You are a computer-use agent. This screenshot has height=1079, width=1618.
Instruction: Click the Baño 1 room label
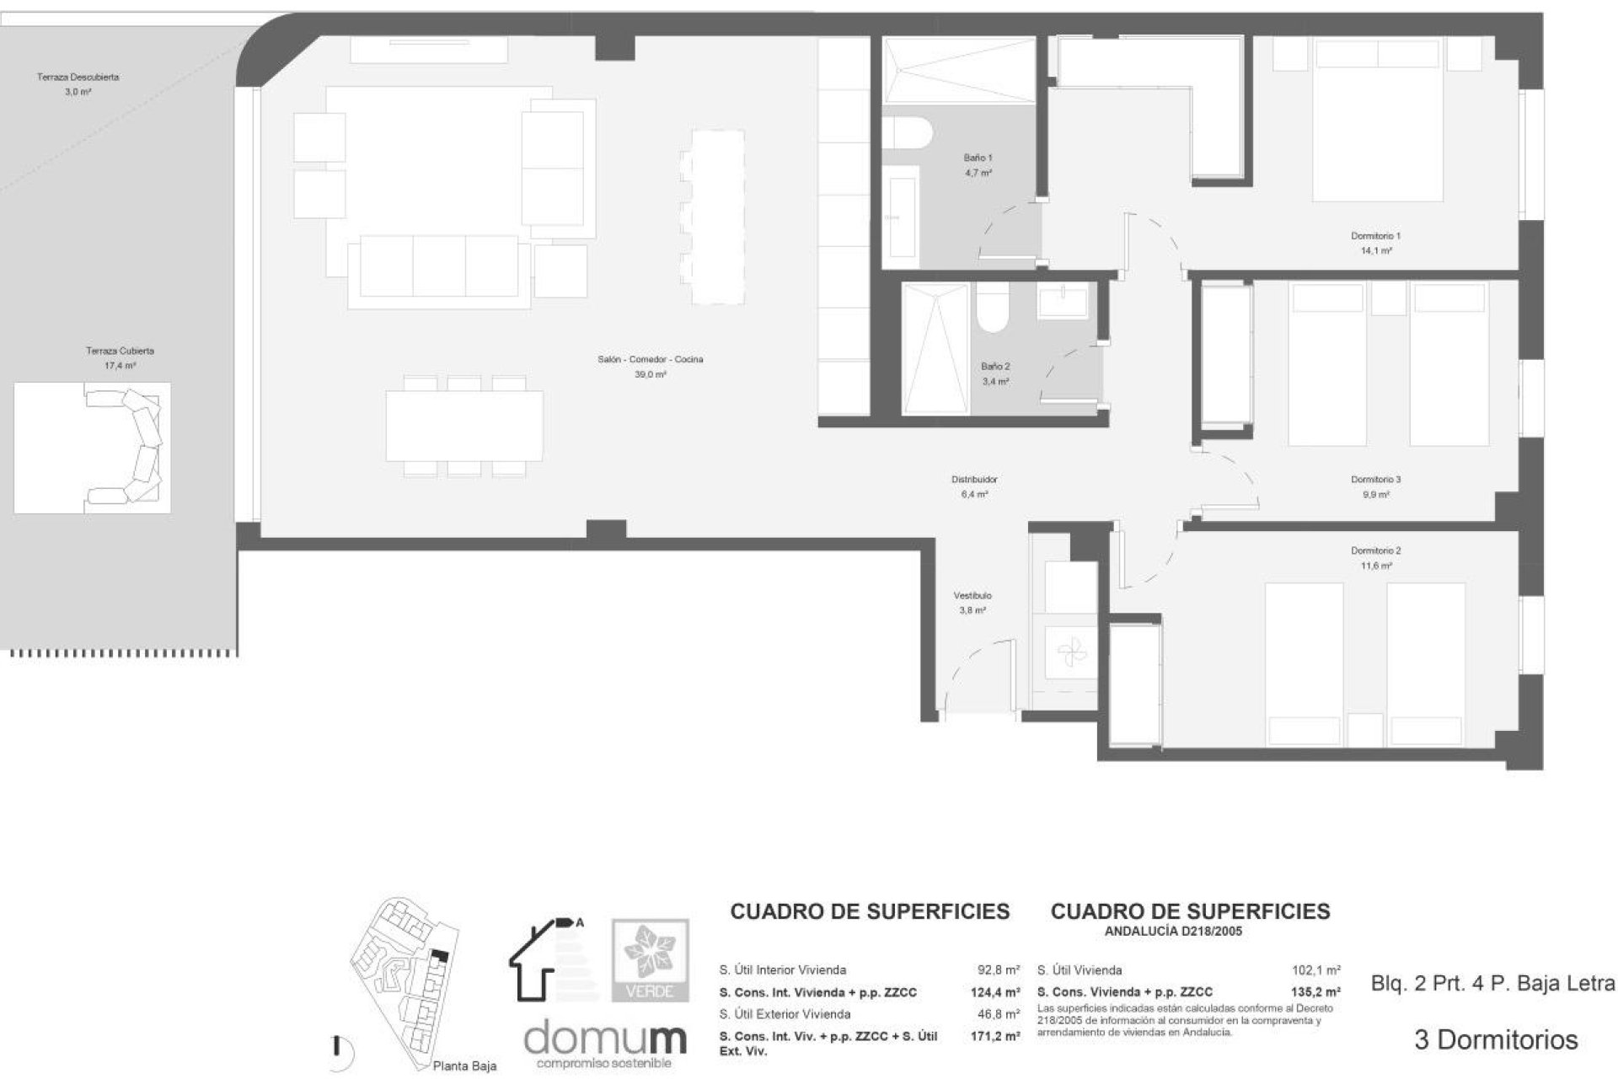point(978,158)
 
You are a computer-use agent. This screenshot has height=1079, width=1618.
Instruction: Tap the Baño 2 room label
point(995,367)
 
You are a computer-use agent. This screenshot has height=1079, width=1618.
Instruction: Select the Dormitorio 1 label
point(1375,237)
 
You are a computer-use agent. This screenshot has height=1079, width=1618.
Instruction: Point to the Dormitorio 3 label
point(1375,480)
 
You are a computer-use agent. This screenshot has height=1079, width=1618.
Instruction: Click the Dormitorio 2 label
point(1375,551)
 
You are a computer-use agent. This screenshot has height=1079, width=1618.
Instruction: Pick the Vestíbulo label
point(972,596)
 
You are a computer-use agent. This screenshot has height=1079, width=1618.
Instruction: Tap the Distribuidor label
point(974,480)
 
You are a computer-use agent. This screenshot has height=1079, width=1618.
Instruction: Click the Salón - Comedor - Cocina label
point(650,360)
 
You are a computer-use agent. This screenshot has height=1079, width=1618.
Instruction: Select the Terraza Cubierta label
point(120,351)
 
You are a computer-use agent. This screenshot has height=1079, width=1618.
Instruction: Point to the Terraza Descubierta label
point(78,78)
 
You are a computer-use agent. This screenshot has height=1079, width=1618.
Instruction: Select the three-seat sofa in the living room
point(439,266)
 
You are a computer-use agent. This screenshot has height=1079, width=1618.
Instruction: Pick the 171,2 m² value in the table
point(994,1036)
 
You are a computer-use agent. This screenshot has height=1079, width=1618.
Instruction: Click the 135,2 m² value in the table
point(1315,992)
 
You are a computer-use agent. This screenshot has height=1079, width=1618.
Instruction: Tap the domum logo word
point(605,1039)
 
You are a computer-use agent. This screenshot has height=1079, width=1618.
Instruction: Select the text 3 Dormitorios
point(1495,1039)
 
